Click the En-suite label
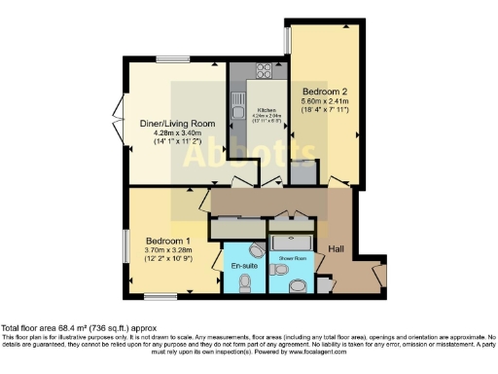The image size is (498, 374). point(241,264)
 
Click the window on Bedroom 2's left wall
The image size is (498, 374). point(287,39)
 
